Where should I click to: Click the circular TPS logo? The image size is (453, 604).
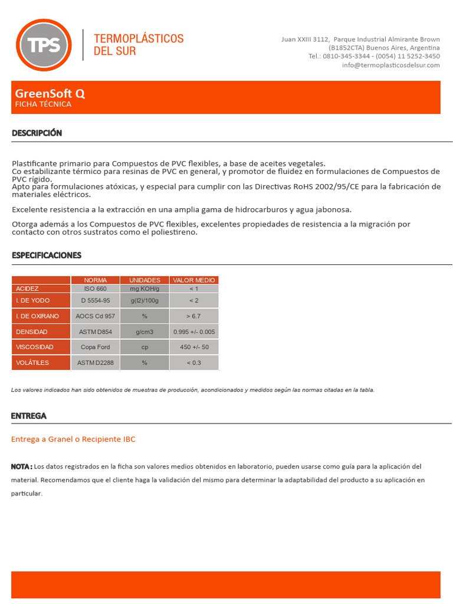(x=44, y=45)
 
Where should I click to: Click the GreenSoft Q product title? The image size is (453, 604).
(x=50, y=93)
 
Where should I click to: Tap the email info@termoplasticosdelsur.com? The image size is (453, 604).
(x=390, y=65)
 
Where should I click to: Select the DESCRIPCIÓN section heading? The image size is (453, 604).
(x=37, y=133)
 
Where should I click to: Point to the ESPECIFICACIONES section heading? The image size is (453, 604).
(x=47, y=255)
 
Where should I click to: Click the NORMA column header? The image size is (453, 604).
(x=96, y=280)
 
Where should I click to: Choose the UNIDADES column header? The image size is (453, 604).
(x=145, y=280)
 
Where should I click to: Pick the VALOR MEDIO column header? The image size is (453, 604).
(x=194, y=280)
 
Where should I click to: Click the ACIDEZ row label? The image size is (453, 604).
(x=27, y=288)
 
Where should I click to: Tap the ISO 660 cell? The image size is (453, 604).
(x=96, y=288)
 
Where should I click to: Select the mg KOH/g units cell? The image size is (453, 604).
(x=145, y=288)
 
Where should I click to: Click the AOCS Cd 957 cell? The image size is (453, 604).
(x=96, y=316)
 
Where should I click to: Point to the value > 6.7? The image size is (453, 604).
(x=194, y=316)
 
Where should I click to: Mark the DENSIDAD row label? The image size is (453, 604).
(x=32, y=331)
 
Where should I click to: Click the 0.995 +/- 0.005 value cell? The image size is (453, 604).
(x=194, y=331)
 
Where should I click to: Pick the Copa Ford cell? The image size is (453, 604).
(x=96, y=347)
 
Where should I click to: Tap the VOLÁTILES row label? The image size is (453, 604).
(x=32, y=363)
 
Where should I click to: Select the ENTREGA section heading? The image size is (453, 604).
(x=28, y=416)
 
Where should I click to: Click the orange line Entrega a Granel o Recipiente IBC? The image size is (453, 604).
(x=73, y=439)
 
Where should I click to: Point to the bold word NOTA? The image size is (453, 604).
(x=21, y=467)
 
